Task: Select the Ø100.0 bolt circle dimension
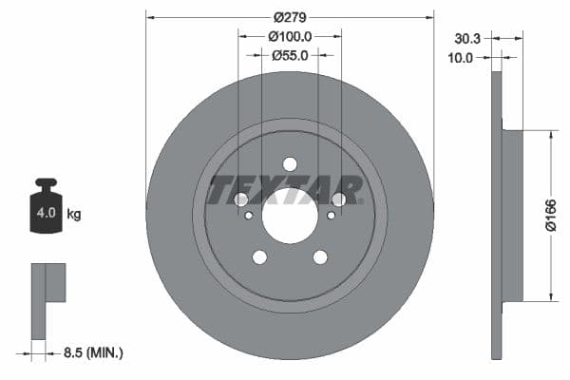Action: click(x=290, y=36)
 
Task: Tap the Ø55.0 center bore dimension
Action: click(x=290, y=55)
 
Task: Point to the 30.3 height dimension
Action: click(x=466, y=39)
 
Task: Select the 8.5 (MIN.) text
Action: click(x=91, y=352)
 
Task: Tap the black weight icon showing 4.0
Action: click(x=46, y=209)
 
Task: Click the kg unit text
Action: click(x=74, y=215)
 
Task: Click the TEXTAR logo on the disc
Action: click(x=285, y=190)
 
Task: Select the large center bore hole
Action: click(x=290, y=216)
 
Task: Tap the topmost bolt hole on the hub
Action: click(x=290, y=163)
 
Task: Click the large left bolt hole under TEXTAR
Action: click(x=241, y=199)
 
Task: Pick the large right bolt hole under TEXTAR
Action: click(x=338, y=199)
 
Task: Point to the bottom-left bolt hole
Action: click(x=259, y=256)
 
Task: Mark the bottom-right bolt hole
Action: click(x=320, y=256)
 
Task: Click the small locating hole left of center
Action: click(x=249, y=216)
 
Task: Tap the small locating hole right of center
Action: click(x=331, y=216)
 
